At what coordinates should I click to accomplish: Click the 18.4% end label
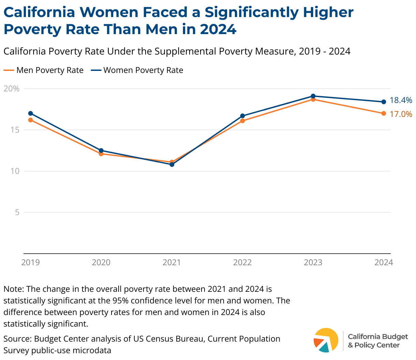[x=401, y=100]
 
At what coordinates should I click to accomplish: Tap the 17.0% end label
[x=401, y=114]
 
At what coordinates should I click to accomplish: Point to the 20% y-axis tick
[x=12, y=89]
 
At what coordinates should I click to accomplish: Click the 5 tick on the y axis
[x=17, y=212]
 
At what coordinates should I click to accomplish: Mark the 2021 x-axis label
[x=172, y=262]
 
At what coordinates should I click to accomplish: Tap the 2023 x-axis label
[x=313, y=262]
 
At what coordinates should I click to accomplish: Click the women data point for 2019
[x=31, y=113]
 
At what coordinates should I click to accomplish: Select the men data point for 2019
[x=31, y=120]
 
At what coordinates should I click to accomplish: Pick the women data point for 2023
[x=313, y=96]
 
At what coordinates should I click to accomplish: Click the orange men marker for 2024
[x=384, y=113]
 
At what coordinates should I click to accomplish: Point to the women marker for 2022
[x=242, y=116]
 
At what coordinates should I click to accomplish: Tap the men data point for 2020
[x=101, y=154]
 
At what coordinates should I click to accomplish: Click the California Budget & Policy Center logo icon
[x=326, y=340]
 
